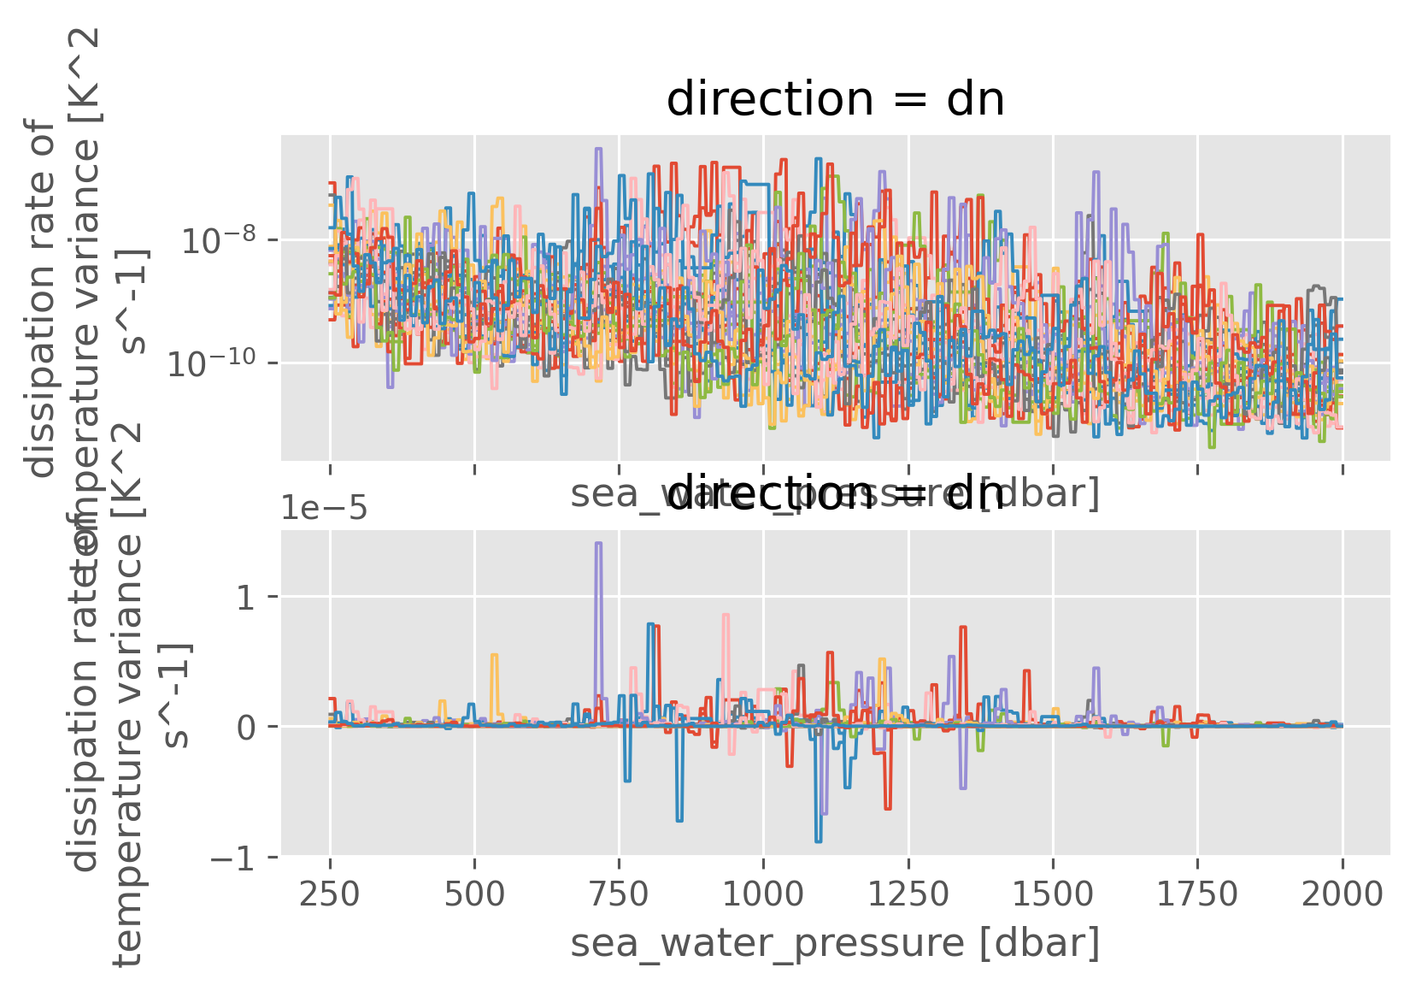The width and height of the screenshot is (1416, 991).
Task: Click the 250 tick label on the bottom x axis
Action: click(329, 894)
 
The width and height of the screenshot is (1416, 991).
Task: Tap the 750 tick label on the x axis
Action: click(618, 894)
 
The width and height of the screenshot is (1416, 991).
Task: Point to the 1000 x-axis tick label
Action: click(763, 894)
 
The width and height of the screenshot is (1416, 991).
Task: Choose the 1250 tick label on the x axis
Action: click(908, 894)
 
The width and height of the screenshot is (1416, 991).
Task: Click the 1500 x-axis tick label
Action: click(1052, 894)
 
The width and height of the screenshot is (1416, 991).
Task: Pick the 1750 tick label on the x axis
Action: click(1196, 894)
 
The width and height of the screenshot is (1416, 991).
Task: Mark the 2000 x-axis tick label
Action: click(1342, 894)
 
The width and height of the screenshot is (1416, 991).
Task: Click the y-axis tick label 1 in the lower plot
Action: click(246, 598)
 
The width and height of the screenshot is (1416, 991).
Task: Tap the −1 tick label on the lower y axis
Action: click(232, 858)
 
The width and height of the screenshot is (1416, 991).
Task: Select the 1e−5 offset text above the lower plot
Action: click(325, 510)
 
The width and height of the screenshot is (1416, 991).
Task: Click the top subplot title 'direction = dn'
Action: click(835, 100)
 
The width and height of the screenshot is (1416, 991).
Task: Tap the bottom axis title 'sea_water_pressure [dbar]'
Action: click(835, 943)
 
